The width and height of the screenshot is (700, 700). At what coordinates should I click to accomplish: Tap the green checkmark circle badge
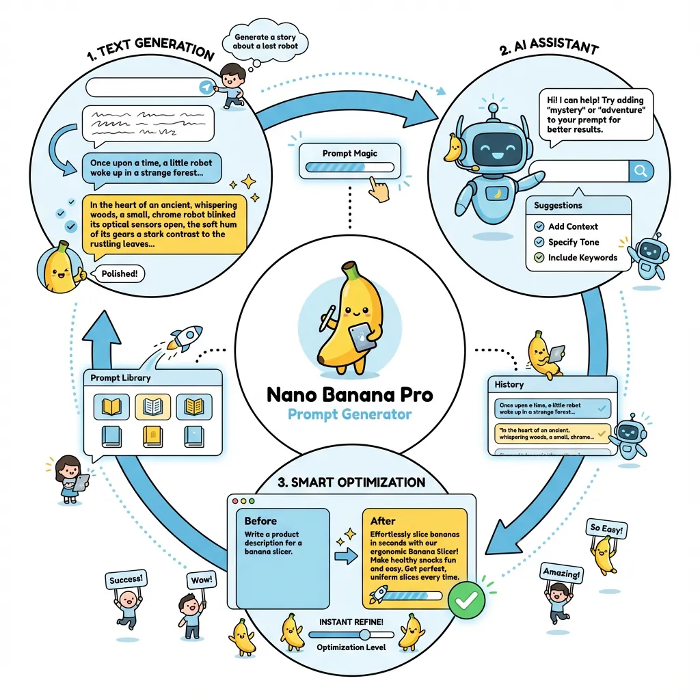click(467, 600)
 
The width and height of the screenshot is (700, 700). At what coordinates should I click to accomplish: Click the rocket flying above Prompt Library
click(185, 337)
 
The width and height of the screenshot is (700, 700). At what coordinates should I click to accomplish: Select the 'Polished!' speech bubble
click(119, 274)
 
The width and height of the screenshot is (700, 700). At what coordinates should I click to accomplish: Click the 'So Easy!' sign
click(606, 528)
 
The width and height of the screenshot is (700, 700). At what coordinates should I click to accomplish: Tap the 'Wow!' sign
click(200, 580)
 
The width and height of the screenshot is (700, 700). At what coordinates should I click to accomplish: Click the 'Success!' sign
click(126, 580)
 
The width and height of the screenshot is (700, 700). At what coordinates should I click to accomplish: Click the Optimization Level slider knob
click(364, 634)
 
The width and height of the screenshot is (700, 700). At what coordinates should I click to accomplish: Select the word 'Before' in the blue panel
click(260, 520)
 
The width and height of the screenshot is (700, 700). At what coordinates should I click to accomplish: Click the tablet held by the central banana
click(361, 336)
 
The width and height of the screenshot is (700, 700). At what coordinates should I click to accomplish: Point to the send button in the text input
click(204, 87)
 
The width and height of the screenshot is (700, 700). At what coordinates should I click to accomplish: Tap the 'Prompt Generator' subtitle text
click(349, 414)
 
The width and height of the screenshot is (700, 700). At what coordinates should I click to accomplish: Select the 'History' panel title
click(509, 385)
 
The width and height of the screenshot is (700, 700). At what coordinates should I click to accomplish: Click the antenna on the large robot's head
click(490, 110)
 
